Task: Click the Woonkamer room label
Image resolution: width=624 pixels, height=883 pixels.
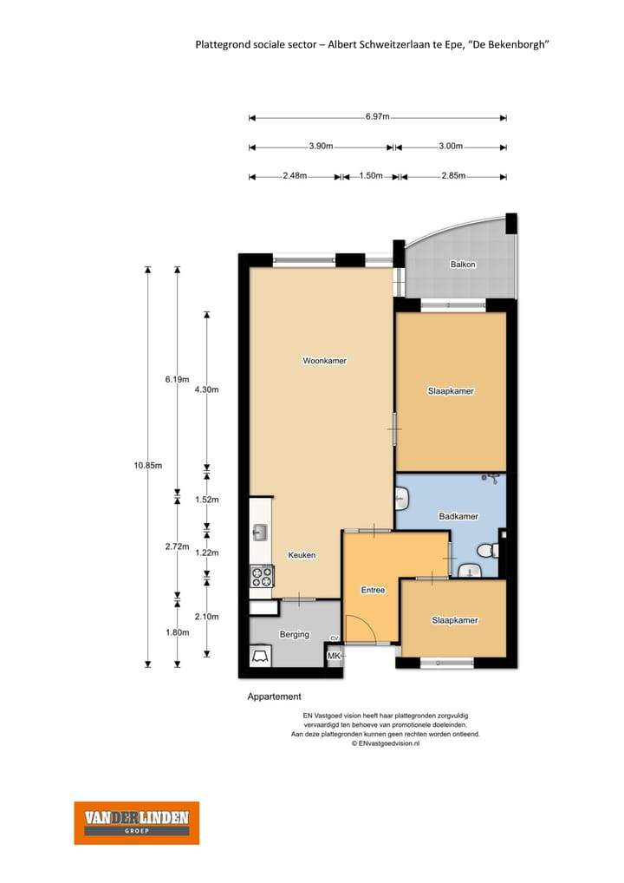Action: tap(325, 361)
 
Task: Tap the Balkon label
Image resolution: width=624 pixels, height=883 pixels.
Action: tap(463, 264)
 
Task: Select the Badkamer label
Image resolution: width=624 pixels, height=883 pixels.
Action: tap(458, 516)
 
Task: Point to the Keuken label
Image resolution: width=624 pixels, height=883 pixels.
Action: tap(302, 554)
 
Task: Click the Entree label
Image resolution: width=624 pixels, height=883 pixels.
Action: tap(373, 590)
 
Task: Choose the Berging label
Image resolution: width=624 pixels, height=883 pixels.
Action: tap(295, 635)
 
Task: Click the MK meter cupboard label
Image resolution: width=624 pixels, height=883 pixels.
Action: tap(334, 656)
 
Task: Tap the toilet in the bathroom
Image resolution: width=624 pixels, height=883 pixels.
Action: tap(487, 550)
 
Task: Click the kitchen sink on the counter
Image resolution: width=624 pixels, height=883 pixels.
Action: tap(260, 532)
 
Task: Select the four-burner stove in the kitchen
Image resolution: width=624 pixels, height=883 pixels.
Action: tap(262, 577)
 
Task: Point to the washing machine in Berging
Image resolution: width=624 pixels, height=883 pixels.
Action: tap(261, 656)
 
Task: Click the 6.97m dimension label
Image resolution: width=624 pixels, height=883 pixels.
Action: tap(377, 116)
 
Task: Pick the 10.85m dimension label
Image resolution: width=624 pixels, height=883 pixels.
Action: tap(148, 465)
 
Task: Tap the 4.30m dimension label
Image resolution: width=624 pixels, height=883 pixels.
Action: tap(206, 389)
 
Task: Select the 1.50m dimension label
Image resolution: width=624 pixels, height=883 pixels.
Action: tap(371, 176)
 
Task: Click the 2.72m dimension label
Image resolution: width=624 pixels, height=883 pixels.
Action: tap(178, 546)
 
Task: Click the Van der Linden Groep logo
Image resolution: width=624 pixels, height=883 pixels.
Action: tap(137, 823)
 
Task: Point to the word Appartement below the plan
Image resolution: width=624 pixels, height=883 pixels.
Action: tap(275, 697)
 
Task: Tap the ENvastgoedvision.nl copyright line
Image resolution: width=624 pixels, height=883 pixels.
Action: tap(386, 743)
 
